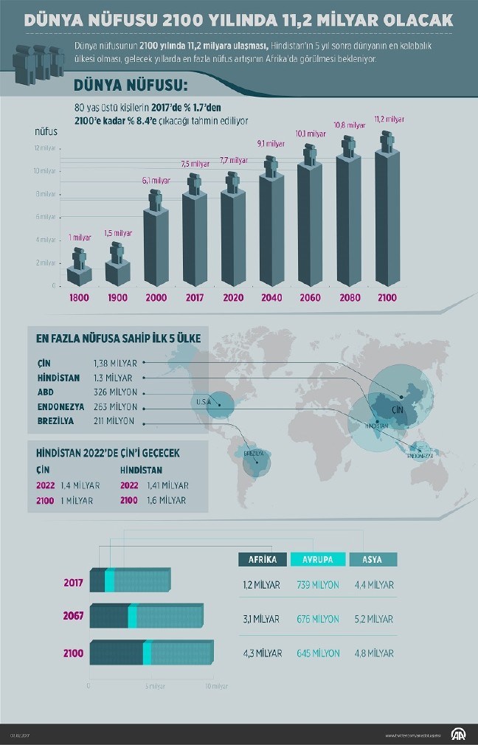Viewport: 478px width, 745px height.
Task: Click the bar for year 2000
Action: (156, 247)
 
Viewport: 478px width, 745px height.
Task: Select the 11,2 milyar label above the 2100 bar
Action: (389, 119)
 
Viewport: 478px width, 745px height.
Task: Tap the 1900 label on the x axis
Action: (117, 297)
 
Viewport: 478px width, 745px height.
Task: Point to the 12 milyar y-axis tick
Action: (45, 148)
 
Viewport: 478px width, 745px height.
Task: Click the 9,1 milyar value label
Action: (271, 144)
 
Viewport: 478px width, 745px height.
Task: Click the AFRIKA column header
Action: (263, 559)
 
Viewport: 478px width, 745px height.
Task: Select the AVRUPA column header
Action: (317, 559)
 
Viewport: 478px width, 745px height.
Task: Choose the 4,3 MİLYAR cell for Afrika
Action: (261, 653)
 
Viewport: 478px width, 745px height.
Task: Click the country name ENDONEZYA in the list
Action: (60, 406)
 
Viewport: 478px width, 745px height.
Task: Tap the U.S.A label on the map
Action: (204, 402)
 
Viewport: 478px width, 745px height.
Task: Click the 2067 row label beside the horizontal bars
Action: (73, 615)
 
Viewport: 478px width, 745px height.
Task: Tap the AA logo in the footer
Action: (459, 735)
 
